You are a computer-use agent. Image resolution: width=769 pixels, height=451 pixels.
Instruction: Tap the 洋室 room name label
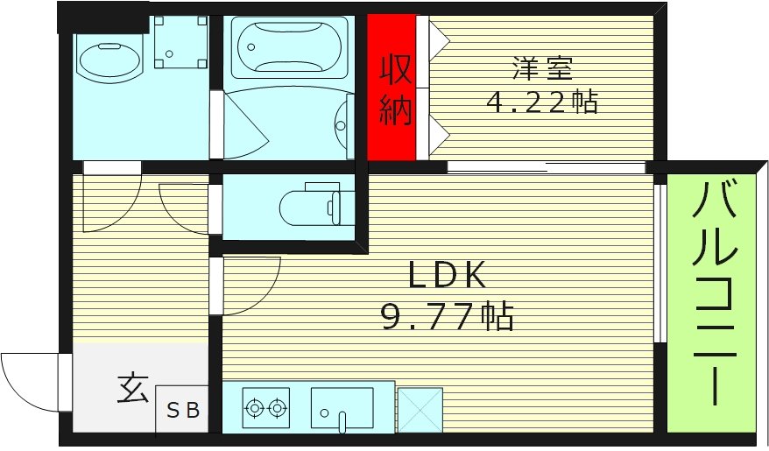pos(542,67)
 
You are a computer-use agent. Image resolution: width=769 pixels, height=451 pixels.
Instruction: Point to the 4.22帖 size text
pos(542,102)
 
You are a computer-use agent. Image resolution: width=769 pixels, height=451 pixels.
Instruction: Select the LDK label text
pos(447,277)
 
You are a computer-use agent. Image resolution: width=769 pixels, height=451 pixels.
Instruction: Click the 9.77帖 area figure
pos(447,315)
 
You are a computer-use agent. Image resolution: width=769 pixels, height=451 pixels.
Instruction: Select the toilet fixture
pos(307,208)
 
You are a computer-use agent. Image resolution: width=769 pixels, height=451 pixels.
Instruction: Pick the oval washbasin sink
pos(109,60)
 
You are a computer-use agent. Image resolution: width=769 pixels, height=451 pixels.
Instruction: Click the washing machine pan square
pos(180,41)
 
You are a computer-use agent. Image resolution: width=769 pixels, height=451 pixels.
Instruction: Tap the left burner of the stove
pos(255,407)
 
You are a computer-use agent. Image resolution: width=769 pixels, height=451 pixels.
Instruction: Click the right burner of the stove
pos(278,407)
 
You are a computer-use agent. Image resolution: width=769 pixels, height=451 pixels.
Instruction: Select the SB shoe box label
pos(183,410)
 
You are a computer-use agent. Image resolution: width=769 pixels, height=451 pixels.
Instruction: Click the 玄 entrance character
pos(132,388)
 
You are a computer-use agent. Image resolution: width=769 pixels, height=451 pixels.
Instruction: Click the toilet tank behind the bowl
pos(337,207)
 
